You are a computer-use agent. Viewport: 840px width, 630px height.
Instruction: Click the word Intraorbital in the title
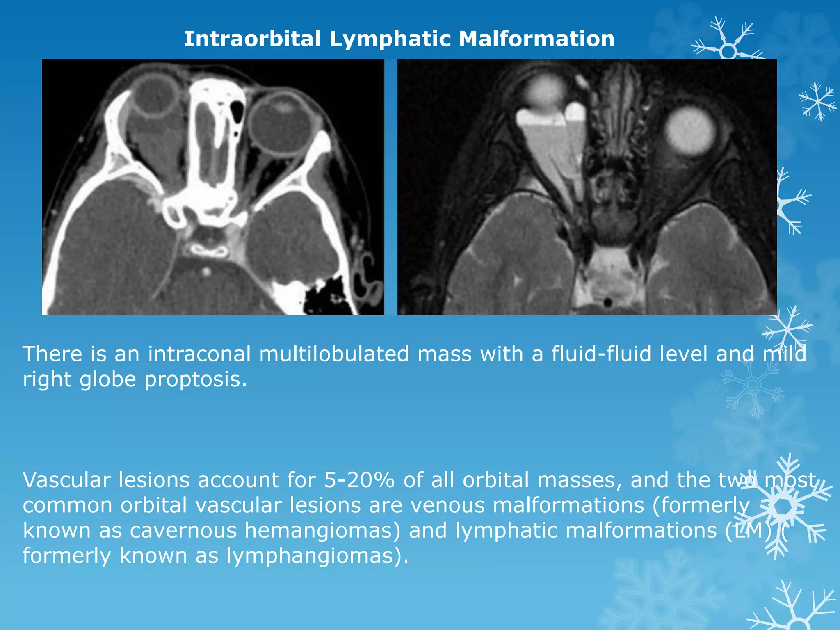(x=252, y=39)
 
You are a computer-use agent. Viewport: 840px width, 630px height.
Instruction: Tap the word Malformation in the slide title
(x=536, y=39)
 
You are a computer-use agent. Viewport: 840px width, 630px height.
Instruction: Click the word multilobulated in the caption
(x=334, y=354)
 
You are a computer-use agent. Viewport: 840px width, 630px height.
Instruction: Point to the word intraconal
(x=199, y=354)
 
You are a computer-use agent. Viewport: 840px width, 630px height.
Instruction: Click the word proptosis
(x=196, y=379)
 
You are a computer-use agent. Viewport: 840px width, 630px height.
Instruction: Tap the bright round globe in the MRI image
(x=690, y=131)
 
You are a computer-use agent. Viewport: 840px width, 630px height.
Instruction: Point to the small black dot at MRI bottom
(x=608, y=303)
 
